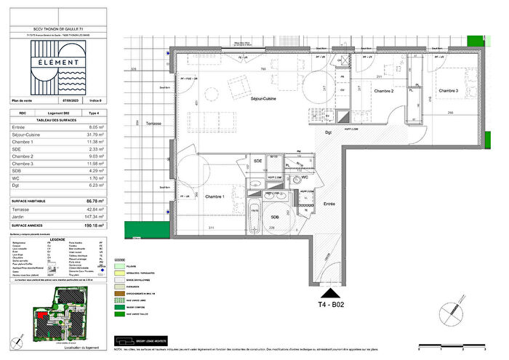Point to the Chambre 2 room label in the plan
coord(383,91)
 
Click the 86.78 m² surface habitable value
coord(93,199)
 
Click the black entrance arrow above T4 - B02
coord(327,287)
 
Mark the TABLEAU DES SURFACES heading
coord(57,119)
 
